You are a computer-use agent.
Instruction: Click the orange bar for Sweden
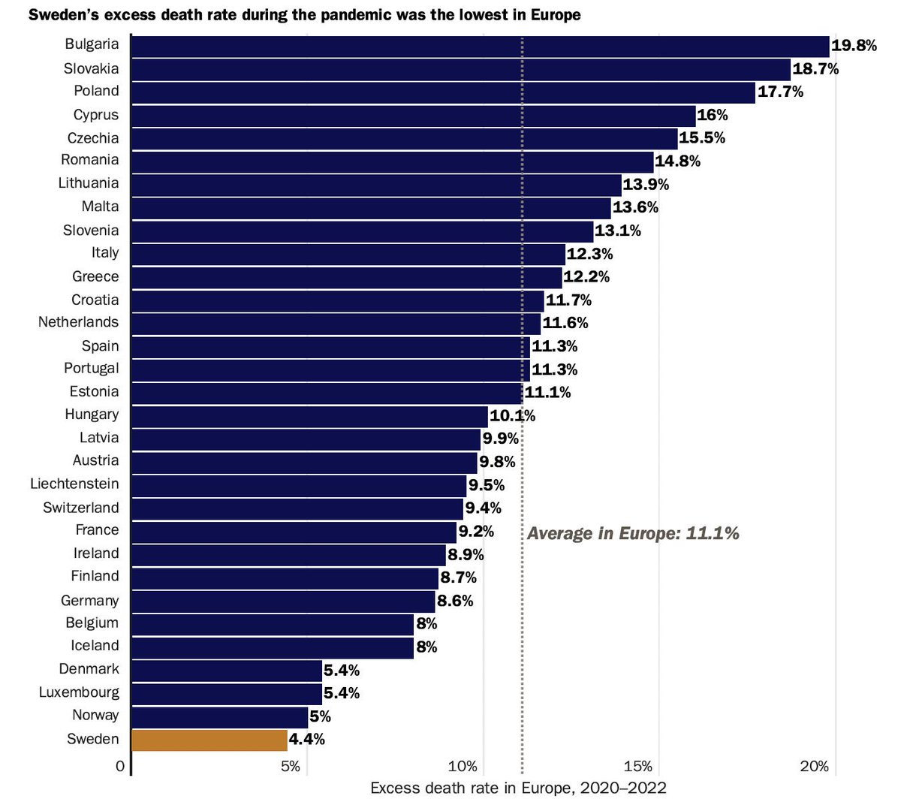tap(209, 740)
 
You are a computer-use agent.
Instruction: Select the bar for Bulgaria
tap(480, 46)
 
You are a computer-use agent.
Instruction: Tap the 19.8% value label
tap(854, 46)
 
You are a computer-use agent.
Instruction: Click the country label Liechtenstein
tap(74, 484)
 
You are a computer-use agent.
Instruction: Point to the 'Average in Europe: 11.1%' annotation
tap(633, 533)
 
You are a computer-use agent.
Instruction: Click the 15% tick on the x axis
tap(638, 767)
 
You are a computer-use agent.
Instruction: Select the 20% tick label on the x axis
tap(815, 767)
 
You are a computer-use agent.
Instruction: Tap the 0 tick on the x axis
tap(120, 767)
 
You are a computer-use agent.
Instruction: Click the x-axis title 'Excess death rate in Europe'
tap(518, 788)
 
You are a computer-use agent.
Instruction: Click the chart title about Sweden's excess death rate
tap(304, 15)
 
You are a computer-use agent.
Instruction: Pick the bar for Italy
tap(348, 254)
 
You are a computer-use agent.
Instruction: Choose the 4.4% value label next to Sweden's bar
tap(307, 740)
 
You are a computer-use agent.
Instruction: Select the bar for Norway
tap(219, 716)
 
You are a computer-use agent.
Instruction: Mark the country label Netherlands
tap(79, 323)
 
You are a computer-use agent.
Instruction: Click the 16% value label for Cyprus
tap(713, 115)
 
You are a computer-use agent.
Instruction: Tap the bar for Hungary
tap(309, 416)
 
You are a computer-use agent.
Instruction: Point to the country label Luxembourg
tap(79, 692)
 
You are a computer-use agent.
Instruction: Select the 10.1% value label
tap(512, 416)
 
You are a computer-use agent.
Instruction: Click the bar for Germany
tap(283, 601)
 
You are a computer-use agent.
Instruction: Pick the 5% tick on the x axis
tap(291, 767)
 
